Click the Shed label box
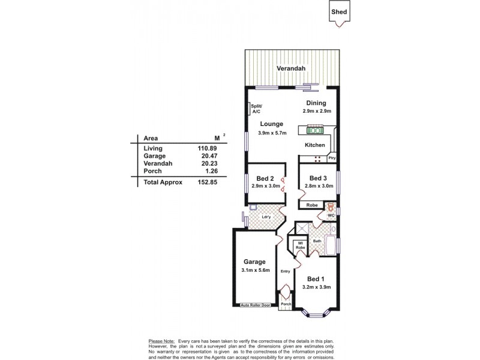point(340,12)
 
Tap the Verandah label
point(291,69)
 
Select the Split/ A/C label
point(256,109)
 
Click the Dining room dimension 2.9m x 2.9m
point(316,112)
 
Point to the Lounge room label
point(271,124)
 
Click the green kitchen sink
point(315,130)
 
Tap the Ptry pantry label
point(332,158)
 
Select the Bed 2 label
point(265,178)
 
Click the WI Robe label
point(300,245)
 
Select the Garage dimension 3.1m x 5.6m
point(254,271)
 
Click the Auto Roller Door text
point(255,305)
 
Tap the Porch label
point(286,304)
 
